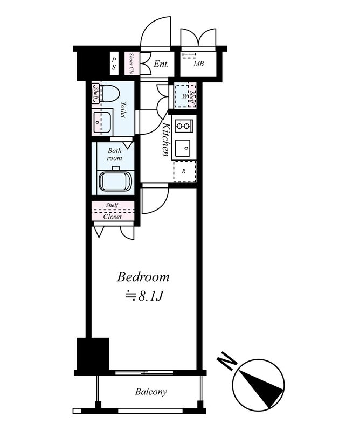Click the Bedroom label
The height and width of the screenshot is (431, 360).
coord(143,277)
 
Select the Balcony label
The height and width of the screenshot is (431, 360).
coord(151,392)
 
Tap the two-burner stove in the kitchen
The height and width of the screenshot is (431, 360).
coord(184,127)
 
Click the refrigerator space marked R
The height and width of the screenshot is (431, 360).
coord(184,171)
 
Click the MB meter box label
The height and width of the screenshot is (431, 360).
coord(199,64)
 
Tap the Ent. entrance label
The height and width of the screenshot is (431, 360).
coord(161,64)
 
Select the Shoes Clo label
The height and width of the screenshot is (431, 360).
coord(131,64)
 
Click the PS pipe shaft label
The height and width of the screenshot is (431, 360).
coord(114,64)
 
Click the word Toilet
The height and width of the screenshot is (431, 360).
coord(123,110)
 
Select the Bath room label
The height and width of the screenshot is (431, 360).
coord(114,154)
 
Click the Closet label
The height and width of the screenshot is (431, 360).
coord(113,217)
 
